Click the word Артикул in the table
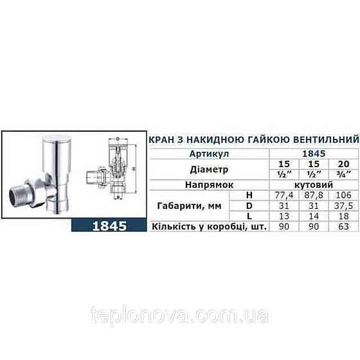point(206,154)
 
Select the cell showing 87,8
point(315,195)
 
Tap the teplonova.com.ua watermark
point(179,316)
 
